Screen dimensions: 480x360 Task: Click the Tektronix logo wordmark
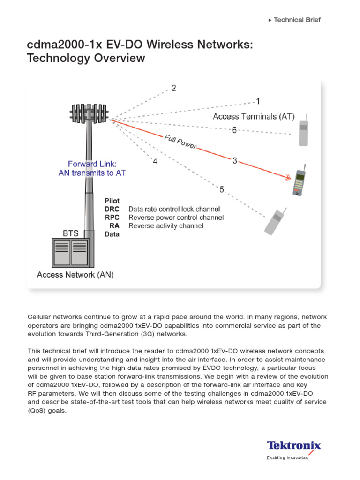pos(294,445)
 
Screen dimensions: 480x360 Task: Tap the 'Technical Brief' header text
pos(297,20)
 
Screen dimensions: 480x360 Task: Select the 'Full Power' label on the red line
pos(180,142)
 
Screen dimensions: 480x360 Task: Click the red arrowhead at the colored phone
pos(286,178)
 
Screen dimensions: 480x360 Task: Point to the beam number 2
pos(174,88)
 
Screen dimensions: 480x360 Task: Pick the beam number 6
pos(234,130)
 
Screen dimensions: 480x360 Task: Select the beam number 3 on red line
pos(235,161)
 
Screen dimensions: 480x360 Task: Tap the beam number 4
pos(155,162)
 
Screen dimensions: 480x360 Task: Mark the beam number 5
pos(222,189)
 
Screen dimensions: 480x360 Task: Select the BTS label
pos(71,232)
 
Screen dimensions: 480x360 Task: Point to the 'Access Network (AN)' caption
pos(75,275)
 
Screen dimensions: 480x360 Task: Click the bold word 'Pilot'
pos(112,201)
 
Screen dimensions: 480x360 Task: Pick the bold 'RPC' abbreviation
pos(112,217)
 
